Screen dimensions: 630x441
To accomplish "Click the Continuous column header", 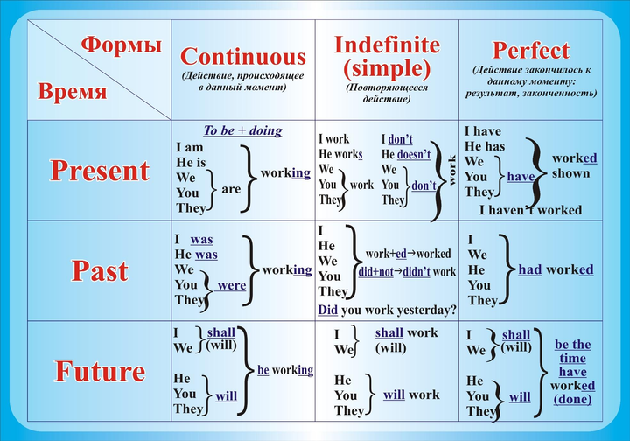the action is click(243, 57).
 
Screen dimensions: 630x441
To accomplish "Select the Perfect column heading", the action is click(531, 51).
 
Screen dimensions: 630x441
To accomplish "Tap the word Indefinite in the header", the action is click(387, 45).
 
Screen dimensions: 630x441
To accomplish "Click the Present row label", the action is click(100, 171).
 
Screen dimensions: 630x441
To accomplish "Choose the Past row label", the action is click(100, 270).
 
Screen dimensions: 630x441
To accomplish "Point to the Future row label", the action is click(100, 371).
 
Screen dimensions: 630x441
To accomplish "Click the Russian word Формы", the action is click(122, 45).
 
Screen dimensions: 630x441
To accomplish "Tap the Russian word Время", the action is click(73, 90).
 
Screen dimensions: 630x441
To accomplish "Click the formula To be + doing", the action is click(242, 130).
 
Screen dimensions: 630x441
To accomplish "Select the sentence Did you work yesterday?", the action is click(388, 310).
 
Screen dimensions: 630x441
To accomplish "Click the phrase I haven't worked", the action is click(530, 210).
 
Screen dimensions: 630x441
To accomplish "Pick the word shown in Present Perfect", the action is click(570, 173).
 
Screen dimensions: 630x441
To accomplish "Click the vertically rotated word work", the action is click(452, 171).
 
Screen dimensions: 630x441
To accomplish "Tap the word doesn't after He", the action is click(414, 154).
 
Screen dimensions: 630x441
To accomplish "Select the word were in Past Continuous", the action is click(231, 285).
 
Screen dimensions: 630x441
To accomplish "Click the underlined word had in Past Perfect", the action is click(530, 269).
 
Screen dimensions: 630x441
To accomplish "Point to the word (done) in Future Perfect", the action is click(572, 399).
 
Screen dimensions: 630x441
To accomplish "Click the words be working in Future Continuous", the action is click(285, 370).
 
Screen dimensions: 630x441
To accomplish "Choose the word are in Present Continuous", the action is click(231, 189).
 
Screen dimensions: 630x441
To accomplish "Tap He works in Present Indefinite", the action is click(340, 154).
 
